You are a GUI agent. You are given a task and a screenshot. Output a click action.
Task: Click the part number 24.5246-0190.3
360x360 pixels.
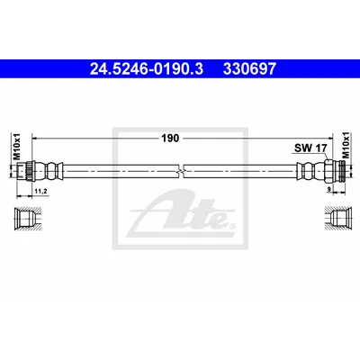click(x=147, y=68)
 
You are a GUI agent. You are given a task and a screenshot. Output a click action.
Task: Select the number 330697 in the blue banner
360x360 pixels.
click(x=249, y=68)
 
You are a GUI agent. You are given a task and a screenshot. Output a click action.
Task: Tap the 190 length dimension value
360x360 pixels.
click(x=170, y=139)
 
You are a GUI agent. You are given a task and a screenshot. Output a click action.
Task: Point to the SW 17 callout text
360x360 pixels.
click(x=310, y=148)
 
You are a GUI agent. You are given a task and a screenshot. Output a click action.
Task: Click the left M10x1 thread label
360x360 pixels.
click(x=17, y=146)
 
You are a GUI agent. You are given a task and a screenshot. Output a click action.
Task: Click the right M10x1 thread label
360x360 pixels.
click(x=346, y=145)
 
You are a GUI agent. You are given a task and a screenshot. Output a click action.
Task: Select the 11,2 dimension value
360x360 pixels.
click(x=41, y=191)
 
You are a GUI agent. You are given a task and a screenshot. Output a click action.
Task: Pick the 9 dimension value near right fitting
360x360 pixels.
click(x=329, y=189)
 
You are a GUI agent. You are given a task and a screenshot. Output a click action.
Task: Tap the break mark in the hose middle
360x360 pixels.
click(x=182, y=171)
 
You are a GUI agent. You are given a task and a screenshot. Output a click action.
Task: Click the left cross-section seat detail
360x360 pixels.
click(x=28, y=220)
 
